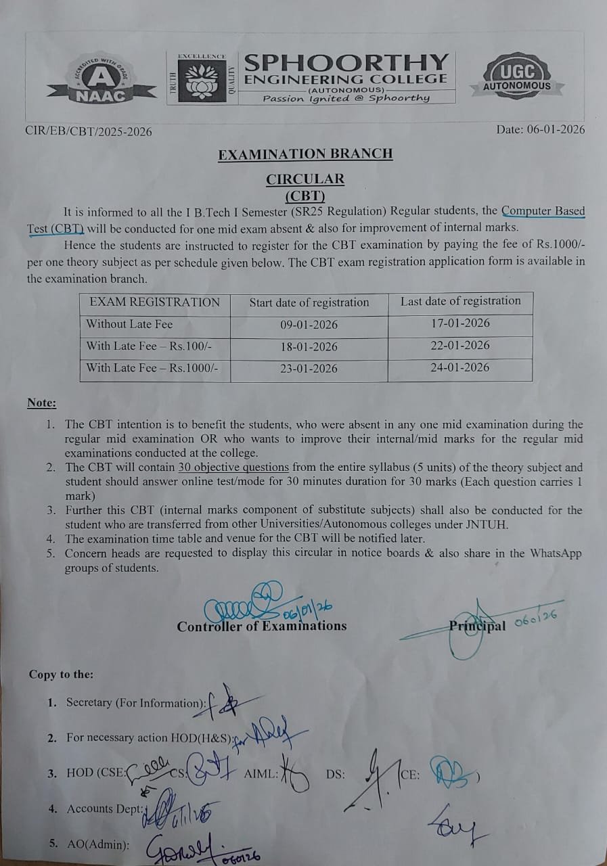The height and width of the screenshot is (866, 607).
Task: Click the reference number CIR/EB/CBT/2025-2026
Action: [89, 131]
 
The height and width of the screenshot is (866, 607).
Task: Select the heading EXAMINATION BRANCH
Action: [305, 154]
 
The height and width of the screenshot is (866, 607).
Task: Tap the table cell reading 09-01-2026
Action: [309, 325]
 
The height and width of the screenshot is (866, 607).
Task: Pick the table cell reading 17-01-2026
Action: [460, 323]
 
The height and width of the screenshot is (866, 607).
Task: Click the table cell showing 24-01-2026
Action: [460, 367]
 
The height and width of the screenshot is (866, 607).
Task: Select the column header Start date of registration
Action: [309, 302]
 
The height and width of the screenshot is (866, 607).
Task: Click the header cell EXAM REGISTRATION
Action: [155, 302]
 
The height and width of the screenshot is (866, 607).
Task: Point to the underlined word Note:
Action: [42, 403]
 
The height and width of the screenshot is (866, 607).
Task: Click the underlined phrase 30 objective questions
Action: [233, 468]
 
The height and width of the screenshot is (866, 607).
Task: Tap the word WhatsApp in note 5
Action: [556, 553]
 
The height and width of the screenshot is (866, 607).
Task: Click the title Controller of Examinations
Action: [262, 626]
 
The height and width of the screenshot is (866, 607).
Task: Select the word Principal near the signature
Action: [478, 626]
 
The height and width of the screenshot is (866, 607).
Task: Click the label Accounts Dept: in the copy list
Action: [105, 808]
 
